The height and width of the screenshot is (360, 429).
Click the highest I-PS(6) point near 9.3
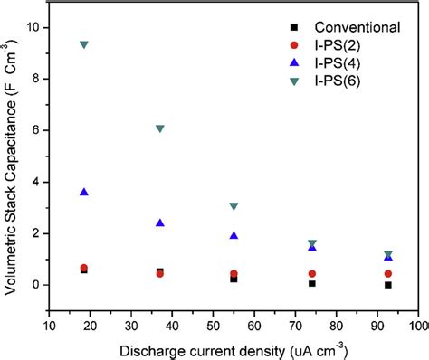click(84, 44)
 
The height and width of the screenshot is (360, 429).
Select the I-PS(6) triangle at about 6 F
click(160, 128)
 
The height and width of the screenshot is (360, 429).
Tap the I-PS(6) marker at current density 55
click(234, 206)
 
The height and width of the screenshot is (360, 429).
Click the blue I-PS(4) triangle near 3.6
click(84, 192)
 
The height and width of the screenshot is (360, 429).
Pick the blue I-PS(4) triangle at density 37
click(160, 223)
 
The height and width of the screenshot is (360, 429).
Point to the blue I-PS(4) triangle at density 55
click(234, 235)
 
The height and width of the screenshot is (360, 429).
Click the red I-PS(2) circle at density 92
click(388, 273)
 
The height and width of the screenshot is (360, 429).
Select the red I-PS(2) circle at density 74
click(312, 273)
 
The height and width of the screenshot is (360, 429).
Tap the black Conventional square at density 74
click(312, 283)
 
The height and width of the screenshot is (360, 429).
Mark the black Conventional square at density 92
click(388, 285)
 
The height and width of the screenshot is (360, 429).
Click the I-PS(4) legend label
click(335, 63)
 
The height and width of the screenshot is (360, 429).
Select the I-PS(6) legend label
click(335, 82)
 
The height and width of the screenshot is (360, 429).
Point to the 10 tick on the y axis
click(35, 27)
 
